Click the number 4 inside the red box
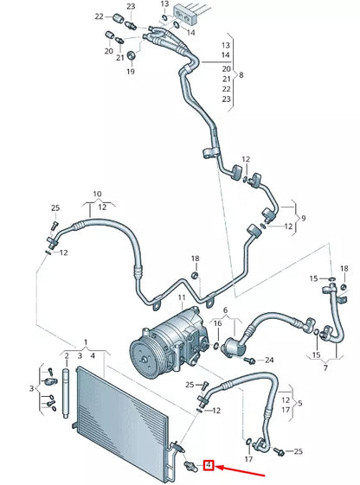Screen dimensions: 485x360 pyautogui.click(x=209, y=466)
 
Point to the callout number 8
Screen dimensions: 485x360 pyautogui.click(x=241, y=75)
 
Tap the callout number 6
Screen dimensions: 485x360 pyautogui.click(x=225, y=310)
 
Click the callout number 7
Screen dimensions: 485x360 pyautogui.click(x=325, y=368)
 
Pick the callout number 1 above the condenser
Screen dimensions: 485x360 pyautogui.click(x=86, y=342)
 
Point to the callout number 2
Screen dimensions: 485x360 pyautogui.click(x=65, y=355)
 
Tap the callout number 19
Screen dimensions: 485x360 pyautogui.click(x=131, y=72)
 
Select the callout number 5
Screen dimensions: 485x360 pyautogui.click(x=299, y=403)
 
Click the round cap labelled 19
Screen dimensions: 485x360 pyautogui.click(x=131, y=57)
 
